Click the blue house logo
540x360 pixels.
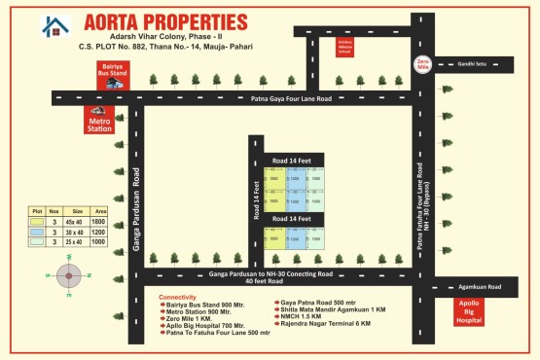pyautogui.click(x=55, y=26)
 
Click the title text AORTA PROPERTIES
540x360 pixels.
pyautogui.click(x=165, y=21)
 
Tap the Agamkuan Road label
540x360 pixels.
pyautogui.click(x=481, y=287)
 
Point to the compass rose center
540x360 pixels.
pyautogui.click(x=69, y=276)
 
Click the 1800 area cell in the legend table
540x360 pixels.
pyautogui.click(x=98, y=223)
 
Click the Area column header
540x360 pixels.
pyautogui.click(x=98, y=211)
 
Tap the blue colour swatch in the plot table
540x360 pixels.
pyautogui.click(x=36, y=233)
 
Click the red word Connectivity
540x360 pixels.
pyautogui.click(x=178, y=297)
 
